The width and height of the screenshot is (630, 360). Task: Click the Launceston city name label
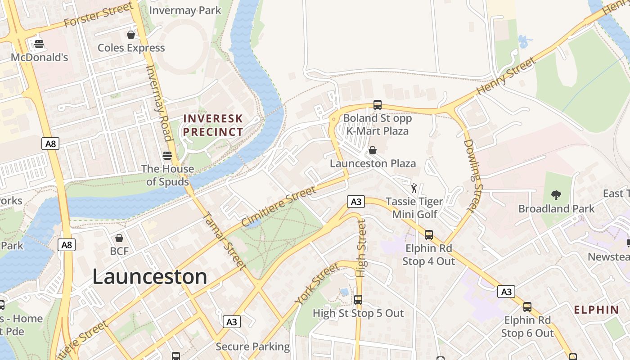(149, 276)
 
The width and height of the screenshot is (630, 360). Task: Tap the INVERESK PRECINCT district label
(213, 126)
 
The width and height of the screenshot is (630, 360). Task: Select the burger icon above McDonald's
(39, 44)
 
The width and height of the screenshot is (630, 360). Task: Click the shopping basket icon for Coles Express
(131, 35)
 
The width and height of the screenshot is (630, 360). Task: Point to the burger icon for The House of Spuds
(167, 156)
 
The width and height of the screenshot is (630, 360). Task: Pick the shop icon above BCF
(119, 238)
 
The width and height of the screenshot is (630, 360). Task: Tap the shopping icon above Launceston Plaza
(373, 150)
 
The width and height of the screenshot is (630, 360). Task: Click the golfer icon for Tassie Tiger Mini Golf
(414, 188)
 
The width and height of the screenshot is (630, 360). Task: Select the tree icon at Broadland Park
(556, 195)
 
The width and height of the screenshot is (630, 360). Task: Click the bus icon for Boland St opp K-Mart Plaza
(378, 105)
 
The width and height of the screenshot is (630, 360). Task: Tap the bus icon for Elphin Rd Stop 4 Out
(428, 234)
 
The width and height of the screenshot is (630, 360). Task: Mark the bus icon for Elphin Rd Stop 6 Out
(527, 307)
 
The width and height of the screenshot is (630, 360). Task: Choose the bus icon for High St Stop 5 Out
(358, 300)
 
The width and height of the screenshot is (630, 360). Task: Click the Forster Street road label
(99, 15)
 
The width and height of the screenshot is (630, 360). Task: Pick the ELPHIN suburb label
(597, 310)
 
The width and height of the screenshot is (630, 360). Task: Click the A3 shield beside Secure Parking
(231, 322)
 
